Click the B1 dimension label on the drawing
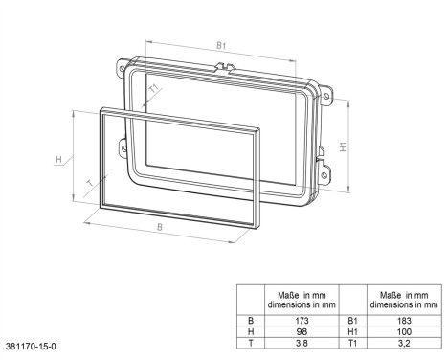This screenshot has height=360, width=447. click(x=220, y=45)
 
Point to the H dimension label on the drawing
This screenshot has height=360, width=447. click(x=58, y=158)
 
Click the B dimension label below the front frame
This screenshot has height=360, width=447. click(x=159, y=229)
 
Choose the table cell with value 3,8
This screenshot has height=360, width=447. click(x=302, y=341)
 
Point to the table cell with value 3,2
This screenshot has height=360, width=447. click(x=407, y=341)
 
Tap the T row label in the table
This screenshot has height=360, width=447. click(x=251, y=341)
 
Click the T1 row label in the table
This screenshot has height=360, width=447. click(x=355, y=341)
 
